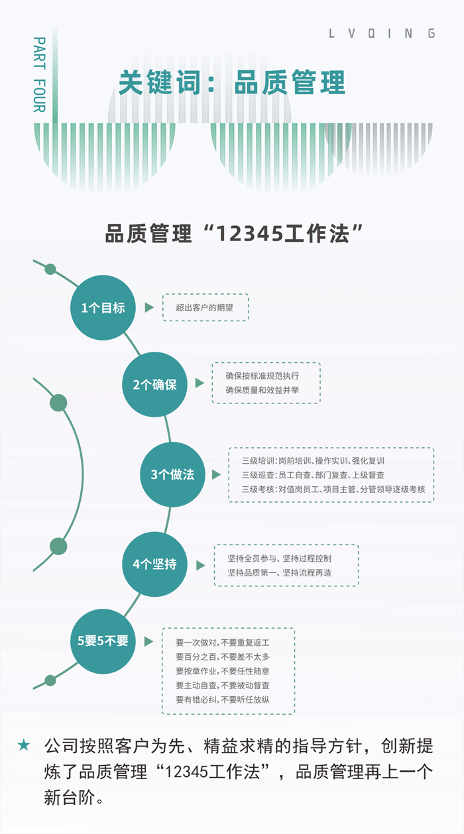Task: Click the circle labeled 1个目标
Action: [103, 307]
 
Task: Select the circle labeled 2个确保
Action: [154, 385]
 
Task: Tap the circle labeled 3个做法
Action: [172, 474]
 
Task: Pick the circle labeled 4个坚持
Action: [154, 564]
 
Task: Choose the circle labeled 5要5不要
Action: [103, 641]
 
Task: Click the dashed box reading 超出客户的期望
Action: [205, 307]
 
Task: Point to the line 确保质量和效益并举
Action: [262, 390]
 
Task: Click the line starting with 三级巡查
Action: [313, 475]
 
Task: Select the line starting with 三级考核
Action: [333, 489]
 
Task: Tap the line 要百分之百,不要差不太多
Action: [223, 656]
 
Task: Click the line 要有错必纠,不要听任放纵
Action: [223, 700]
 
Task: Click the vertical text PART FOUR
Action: [40, 74]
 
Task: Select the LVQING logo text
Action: [382, 34]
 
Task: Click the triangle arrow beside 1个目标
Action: [149, 307]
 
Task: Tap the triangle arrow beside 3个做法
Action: [217, 474]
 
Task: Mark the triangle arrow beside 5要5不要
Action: [149, 641]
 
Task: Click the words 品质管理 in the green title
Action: [290, 82]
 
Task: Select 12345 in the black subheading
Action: [250, 234]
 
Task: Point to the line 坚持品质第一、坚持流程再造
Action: [280, 572]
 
